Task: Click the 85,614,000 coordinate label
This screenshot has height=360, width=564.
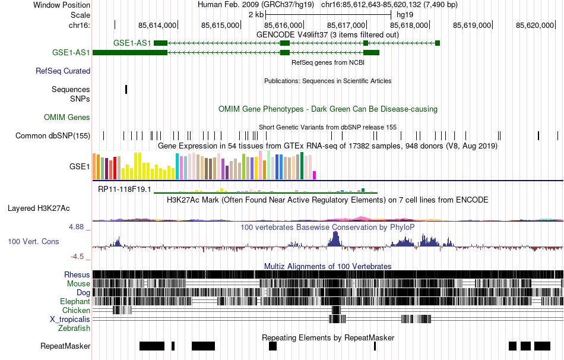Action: click(157, 25)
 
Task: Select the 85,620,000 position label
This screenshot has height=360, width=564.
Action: click(535, 25)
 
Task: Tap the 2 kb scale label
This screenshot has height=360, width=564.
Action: click(256, 14)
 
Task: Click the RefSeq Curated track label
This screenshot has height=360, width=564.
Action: click(63, 71)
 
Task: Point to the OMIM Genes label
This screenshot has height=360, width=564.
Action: click(67, 118)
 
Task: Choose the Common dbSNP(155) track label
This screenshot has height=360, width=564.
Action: click(53, 136)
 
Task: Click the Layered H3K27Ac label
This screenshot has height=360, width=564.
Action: click(39, 209)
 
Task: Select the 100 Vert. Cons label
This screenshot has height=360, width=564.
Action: click(33, 242)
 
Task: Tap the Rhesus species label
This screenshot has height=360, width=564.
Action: click(77, 275)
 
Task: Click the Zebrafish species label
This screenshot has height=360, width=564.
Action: click(74, 328)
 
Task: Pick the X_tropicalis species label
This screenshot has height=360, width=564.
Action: click(70, 319)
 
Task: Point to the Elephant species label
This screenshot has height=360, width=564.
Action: click(75, 302)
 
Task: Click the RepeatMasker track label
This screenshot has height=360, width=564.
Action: click(65, 346)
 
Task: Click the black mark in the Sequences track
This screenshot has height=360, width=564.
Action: click(126, 89)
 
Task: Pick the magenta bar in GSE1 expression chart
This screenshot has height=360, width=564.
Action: click(315, 175)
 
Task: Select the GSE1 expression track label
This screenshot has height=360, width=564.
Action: click(80, 167)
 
